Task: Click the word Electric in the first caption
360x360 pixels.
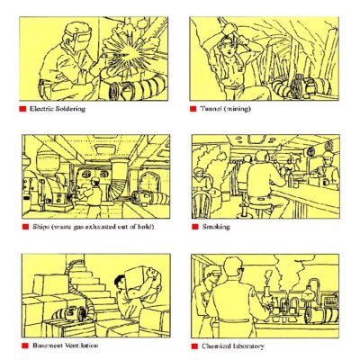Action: click(40, 109)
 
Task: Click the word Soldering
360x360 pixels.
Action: click(69, 109)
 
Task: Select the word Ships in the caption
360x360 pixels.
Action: click(40, 227)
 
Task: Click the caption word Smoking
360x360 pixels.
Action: click(216, 227)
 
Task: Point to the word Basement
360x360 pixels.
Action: click(48, 346)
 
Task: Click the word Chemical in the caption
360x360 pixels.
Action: click(216, 346)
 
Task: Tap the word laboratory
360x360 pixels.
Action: click(248, 346)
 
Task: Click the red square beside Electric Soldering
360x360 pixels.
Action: click(22, 109)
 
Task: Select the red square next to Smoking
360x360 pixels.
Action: click(195, 227)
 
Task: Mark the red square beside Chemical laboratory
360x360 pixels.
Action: click(195, 346)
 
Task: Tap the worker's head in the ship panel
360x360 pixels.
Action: click(95, 181)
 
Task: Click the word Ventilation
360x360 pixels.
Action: click(81, 346)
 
